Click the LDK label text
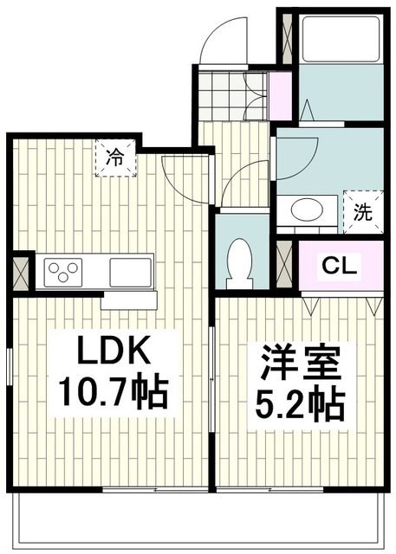pyautogui.click(x=116, y=353)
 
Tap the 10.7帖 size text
pyautogui.click(x=114, y=393)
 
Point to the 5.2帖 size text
pyautogui.click(x=299, y=403)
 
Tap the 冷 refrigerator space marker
pyautogui.click(x=115, y=158)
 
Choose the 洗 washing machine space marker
pyautogui.click(x=362, y=211)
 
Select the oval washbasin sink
pyautogui.click(x=306, y=209)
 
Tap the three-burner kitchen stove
pyautogui.click(x=62, y=272)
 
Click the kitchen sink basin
pyautogui.click(x=131, y=272)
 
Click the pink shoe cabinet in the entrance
pyautogui.click(x=280, y=96)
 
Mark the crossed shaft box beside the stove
pyautogui.click(x=21, y=272)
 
